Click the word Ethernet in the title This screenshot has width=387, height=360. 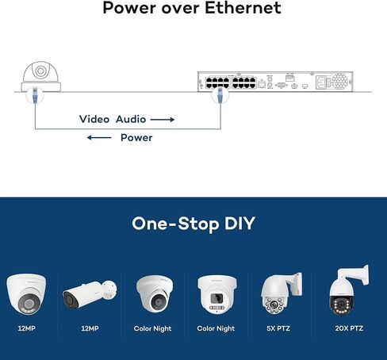coord(243,8)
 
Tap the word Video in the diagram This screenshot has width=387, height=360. coord(94,119)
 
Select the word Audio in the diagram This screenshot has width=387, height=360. coord(131,119)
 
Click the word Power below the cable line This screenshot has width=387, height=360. coord(136,138)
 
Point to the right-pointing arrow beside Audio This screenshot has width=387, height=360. coord(163,120)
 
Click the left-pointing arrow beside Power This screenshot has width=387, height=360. coord(99,137)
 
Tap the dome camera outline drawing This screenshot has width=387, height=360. coord(41,77)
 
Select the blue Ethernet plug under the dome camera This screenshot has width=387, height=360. coord(35,95)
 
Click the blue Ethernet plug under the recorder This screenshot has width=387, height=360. coord(220,95)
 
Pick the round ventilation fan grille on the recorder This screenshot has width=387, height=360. coord(339,81)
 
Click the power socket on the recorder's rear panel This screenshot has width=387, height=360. coord(322,82)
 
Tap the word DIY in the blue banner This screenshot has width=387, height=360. coord(239,224)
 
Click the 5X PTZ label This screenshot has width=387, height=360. coord(278,328)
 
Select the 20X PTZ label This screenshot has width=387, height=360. coord(349,328)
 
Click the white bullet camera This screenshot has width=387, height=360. coord(90,294)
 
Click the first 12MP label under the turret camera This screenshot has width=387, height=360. coord(26,328)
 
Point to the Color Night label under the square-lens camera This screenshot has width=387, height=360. coord(216,328)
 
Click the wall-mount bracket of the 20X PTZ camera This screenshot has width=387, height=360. coord(355,275)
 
